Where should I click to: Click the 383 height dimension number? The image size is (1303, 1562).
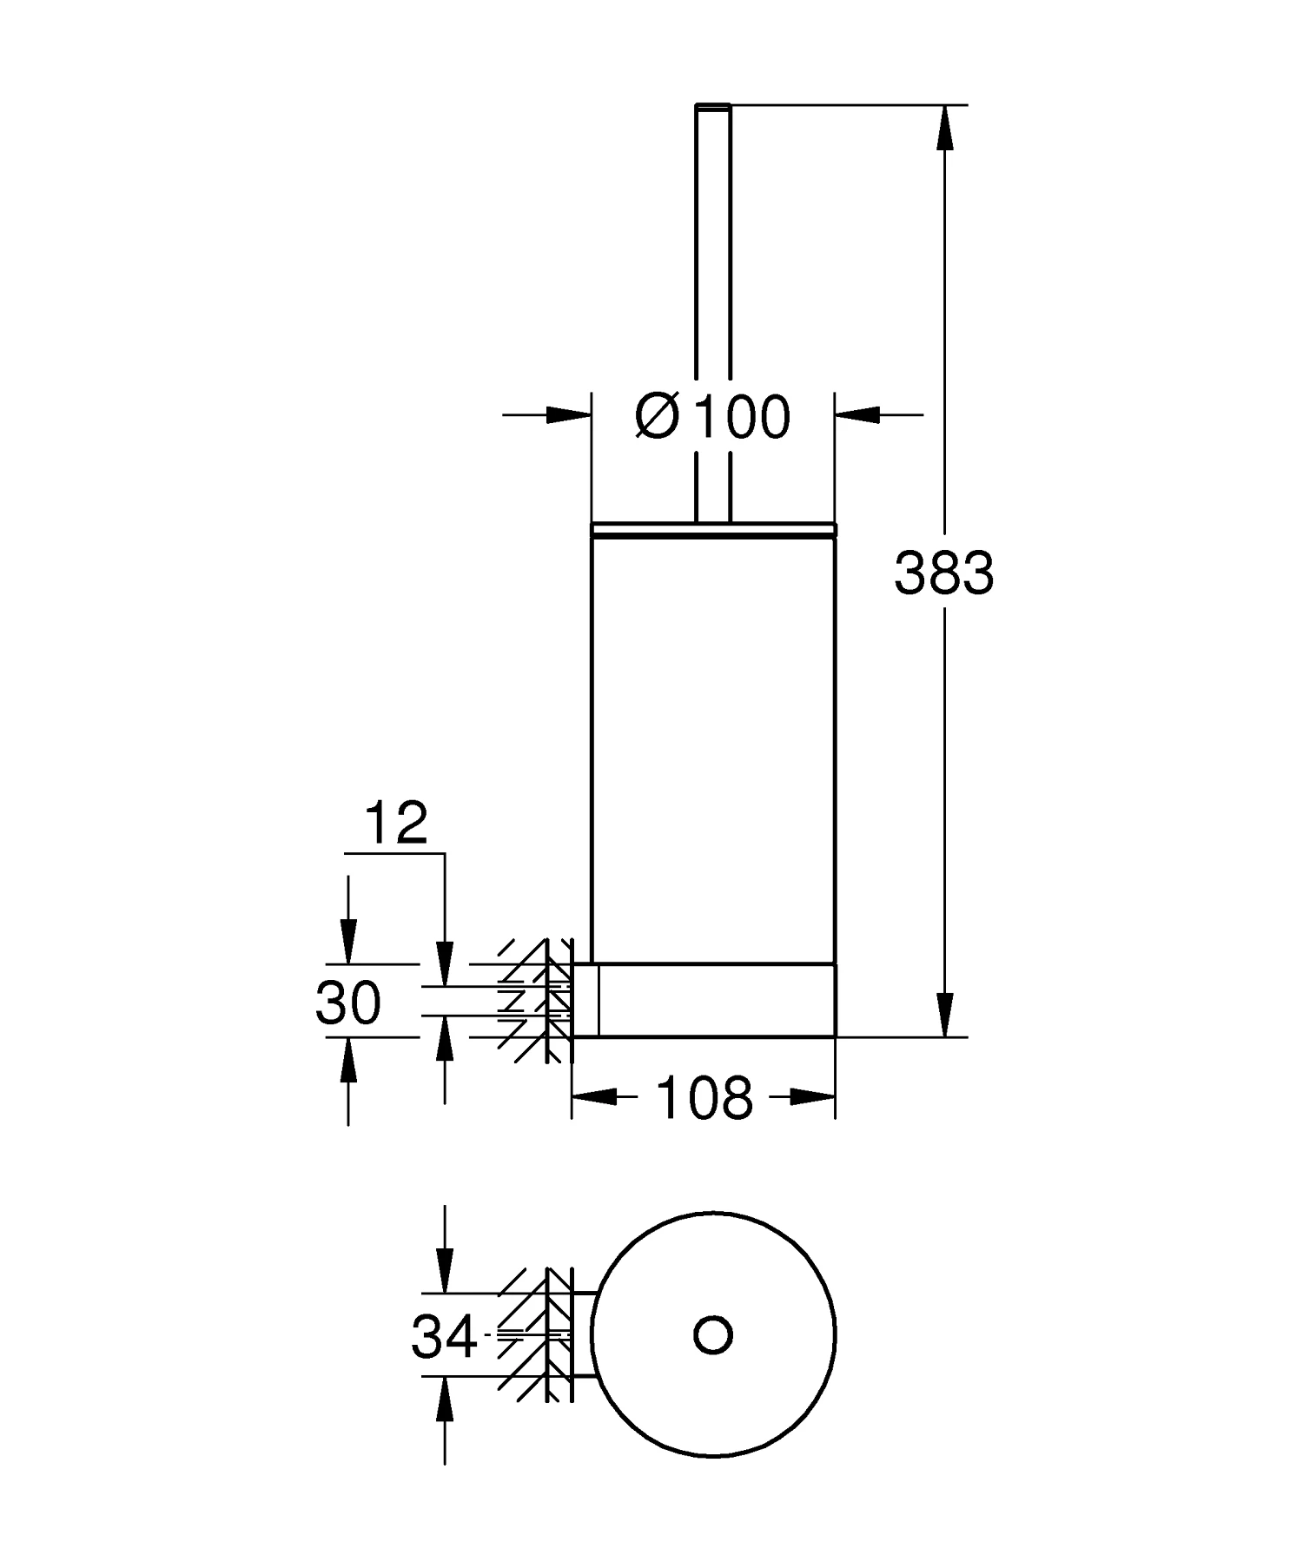pyautogui.click(x=943, y=573)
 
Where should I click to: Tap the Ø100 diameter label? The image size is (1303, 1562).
pyautogui.click(x=713, y=416)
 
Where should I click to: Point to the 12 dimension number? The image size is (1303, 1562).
pyautogui.click(x=396, y=823)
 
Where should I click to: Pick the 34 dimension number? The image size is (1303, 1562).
pyautogui.click(x=444, y=1336)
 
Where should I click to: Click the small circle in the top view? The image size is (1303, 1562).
pyautogui.click(x=713, y=1334)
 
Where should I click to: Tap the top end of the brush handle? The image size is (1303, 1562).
pyautogui.click(x=713, y=106)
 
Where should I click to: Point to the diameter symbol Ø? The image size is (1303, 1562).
pyautogui.click(x=658, y=416)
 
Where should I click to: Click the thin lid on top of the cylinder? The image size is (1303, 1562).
pyautogui.click(x=713, y=529)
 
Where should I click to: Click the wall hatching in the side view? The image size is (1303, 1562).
pyautogui.click(x=535, y=999)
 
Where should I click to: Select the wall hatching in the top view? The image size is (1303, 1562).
pyautogui.click(x=535, y=1334)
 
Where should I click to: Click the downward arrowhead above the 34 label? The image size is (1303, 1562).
pyautogui.click(x=445, y=1271)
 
